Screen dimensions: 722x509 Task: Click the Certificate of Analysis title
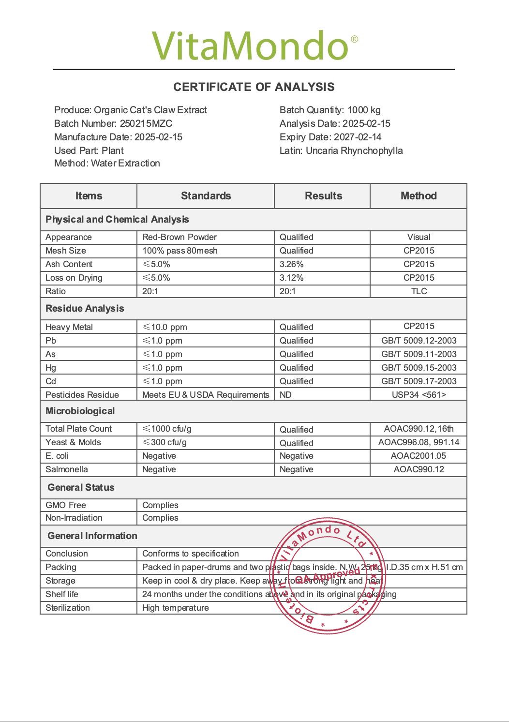pyautogui.click(x=254, y=87)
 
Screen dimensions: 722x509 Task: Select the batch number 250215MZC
pyautogui.click(x=146, y=123)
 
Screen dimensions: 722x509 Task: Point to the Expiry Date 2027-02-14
pyautogui.click(x=357, y=137)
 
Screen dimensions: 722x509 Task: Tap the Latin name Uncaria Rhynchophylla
pyautogui.click(x=354, y=150)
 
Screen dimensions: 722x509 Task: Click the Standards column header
pyautogui.click(x=206, y=196)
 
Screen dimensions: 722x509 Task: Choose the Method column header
pyautogui.click(x=419, y=196)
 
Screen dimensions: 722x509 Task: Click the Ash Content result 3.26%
pyautogui.click(x=292, y=264)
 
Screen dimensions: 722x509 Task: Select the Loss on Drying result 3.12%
pyautogui.click(x=292, y=278)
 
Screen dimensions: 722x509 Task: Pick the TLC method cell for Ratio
pyautogui.click(x=419, y=291)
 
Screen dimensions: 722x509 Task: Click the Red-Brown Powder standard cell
pyautogui.click(x=180, y=237)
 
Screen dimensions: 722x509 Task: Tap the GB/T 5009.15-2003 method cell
pyautogui.click(x=419, y=368)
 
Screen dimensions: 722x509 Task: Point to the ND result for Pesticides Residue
pyautogui.click(x=285, y=395)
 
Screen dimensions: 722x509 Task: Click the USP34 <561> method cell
pyautogui.click(x=419, y=395)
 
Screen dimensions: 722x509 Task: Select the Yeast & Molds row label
pyautogui.click(x=73, y=442)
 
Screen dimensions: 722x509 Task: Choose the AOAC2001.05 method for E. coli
pyautogui.click(x=419, y=456)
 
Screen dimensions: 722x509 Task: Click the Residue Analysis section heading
pyautogui.click(x=85, y=309)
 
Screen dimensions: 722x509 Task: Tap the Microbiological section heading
pyautogui.click(x=80, y=411)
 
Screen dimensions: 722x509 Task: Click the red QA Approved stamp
pyautogui.click(x=328, y=576)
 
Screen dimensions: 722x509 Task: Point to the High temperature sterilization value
pyautogui.click(x=176, y=608)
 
